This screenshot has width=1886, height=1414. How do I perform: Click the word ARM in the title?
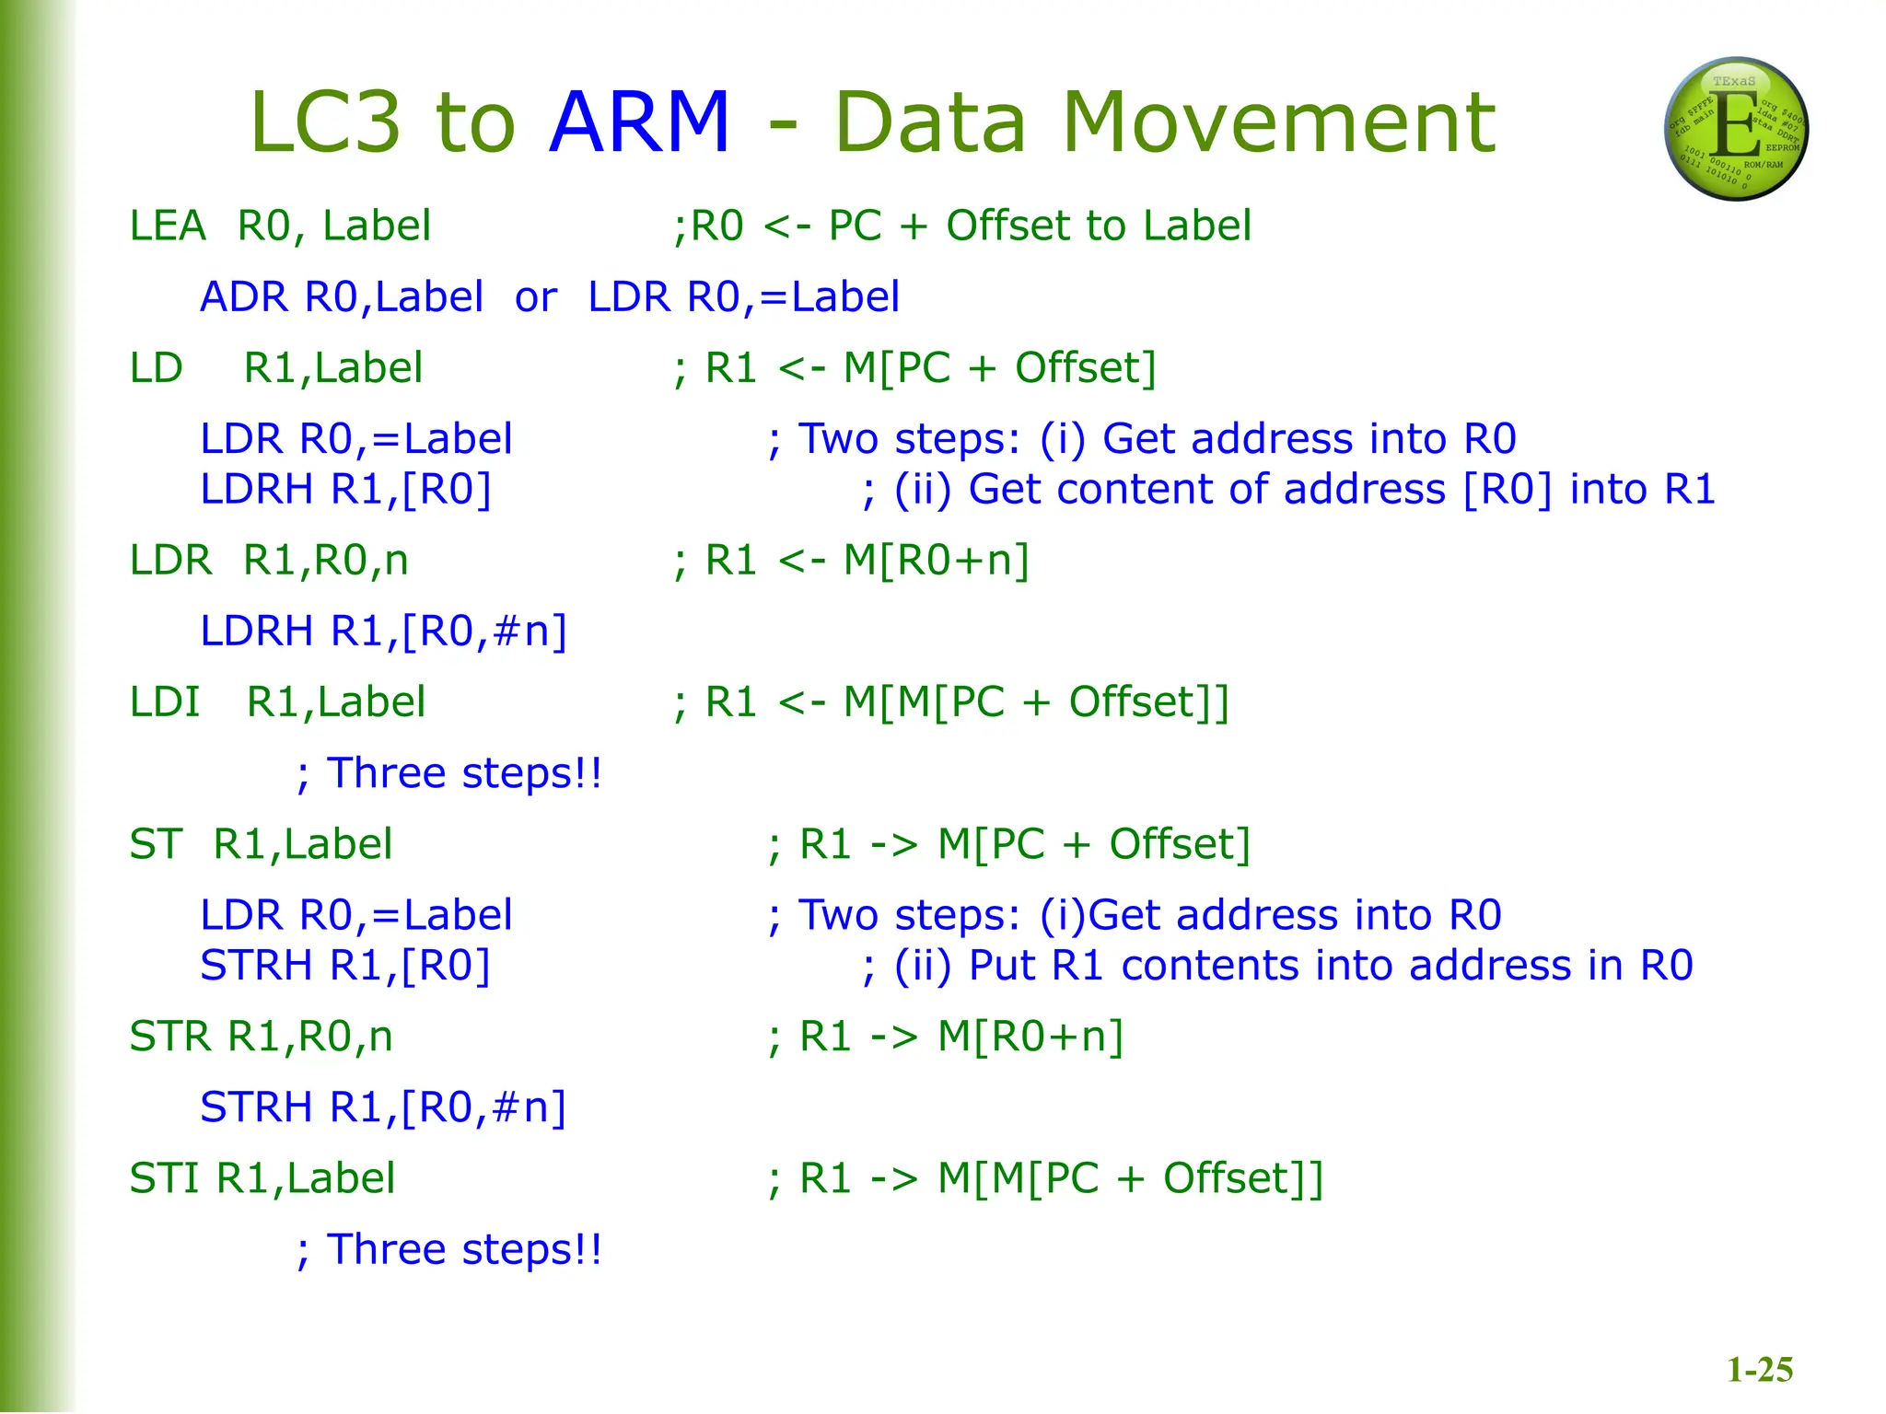tap(639, 122)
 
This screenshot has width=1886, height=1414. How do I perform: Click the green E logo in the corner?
tap(1736, 129)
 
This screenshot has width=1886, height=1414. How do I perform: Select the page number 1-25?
tap(1759, 1370)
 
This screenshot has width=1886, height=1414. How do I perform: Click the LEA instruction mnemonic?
tap(168, 226)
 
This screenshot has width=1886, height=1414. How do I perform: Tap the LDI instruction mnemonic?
tap(165, 702)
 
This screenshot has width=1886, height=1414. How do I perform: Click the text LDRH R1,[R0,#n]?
tap(383, 632)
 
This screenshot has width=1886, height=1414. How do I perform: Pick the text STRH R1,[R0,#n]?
tap(383, 1107)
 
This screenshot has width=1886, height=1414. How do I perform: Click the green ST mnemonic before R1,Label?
tap(156, 844)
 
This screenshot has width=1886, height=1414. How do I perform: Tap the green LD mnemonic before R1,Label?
tap(157, 368)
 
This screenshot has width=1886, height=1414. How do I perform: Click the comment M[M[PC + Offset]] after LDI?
tap(1036, 702)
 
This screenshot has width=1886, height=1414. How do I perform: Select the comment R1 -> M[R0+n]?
tap(960, 1037)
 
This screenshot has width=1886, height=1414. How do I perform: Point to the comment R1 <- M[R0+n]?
tap(867, 561)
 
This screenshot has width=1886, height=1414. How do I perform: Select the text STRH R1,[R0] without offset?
tap(345, 966)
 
